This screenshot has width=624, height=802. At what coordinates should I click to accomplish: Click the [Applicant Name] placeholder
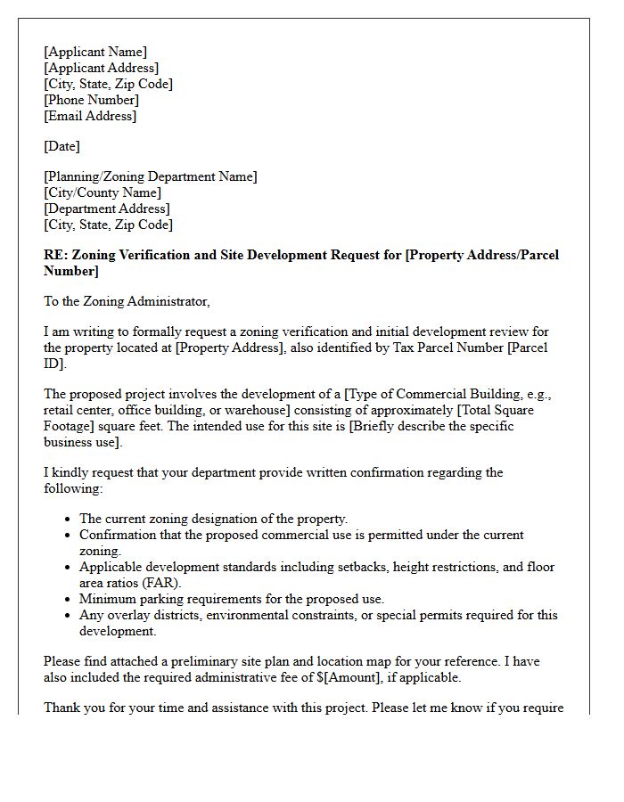click(95, 52)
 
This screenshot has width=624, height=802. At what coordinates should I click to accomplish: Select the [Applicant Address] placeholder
click(102, 68)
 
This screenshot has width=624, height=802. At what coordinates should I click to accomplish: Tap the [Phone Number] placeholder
click(92, 100)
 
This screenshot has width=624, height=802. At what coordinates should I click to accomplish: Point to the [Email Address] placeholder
click(90, 116)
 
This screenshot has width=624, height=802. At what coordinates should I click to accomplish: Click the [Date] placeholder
click(62, 146)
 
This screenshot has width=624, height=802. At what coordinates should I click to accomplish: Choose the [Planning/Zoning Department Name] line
click(151, 176)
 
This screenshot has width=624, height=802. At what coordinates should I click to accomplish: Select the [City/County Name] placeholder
click(103, 192)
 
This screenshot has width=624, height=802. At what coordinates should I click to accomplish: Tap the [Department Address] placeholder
click(107, 209)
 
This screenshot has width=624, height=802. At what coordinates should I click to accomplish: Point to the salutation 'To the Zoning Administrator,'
click(127, 301)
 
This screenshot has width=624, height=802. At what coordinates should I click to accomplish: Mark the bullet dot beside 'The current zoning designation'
click(69, 520)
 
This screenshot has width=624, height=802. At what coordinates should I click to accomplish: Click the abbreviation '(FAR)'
click(134, 583)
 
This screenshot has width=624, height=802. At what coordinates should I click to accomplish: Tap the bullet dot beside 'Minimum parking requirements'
click(69, 600)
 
